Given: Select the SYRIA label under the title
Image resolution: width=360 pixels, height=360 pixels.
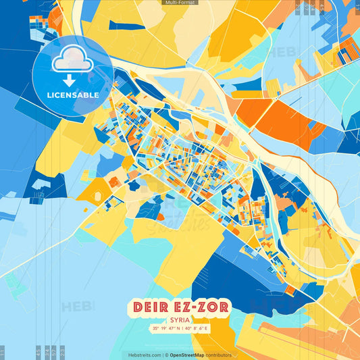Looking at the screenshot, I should (x=180, y=321).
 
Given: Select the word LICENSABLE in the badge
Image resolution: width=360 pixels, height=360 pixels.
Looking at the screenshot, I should (x=73, y=95).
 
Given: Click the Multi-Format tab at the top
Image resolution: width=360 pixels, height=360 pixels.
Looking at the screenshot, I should (x=180, y=3).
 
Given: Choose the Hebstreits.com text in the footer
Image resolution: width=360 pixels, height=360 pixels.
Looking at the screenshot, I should (x=143, y=355).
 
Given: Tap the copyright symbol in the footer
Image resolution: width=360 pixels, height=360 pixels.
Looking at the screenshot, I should (x=165, y=355).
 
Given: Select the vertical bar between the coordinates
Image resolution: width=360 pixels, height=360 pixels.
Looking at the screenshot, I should (x=181, y=330).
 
